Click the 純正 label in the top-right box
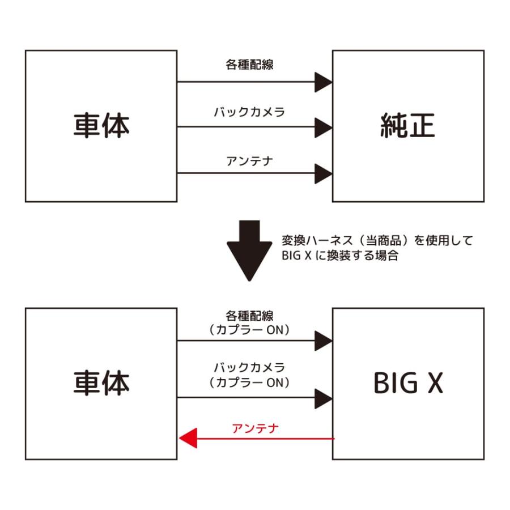[x=407, y=126]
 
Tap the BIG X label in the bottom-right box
[x=408, y=384]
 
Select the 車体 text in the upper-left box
[x=101, y=126]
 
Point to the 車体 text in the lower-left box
[x=101, y=384]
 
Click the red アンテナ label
[x=256, y=428]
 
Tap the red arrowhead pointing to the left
[x=188, y=438]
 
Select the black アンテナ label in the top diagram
[x=250, y=161]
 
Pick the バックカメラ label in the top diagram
[x=249, y=112]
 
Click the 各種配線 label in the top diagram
[x=249, y=64]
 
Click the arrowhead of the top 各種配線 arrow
[x=323, y=82]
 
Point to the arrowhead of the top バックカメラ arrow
[x=323, y=127]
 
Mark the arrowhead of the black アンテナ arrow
[x=323, y=173]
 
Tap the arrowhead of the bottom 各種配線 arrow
[x=323, y=341]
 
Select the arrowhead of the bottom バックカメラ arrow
[x=323, y=398]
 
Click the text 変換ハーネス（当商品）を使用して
[x=377, y=240]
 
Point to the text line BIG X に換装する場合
[x=340, y=256]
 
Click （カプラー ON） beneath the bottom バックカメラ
[x=249, y=382]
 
